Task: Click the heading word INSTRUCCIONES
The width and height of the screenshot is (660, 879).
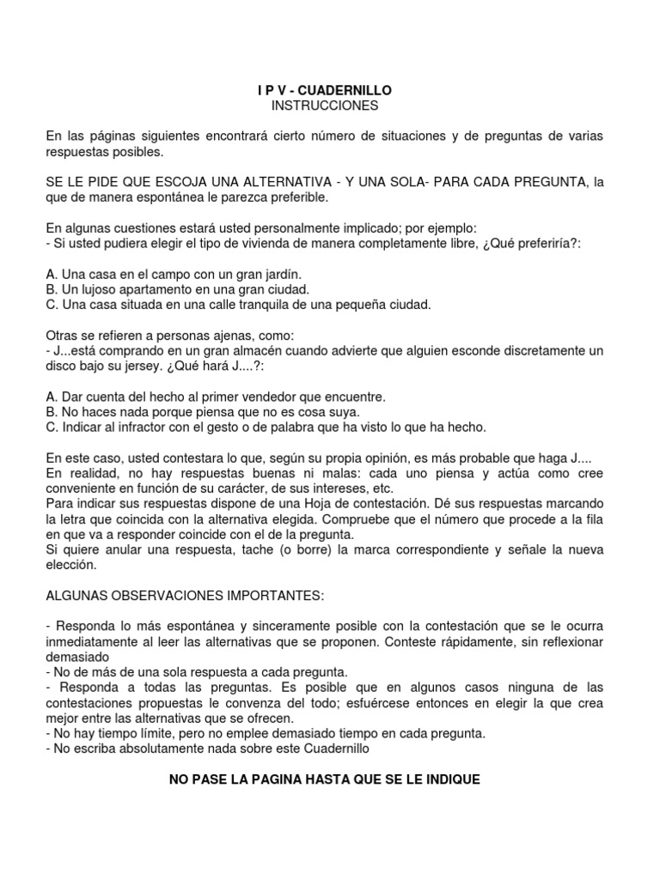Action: (312, 106)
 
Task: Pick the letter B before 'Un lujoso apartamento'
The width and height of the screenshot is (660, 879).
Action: (50, 289)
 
